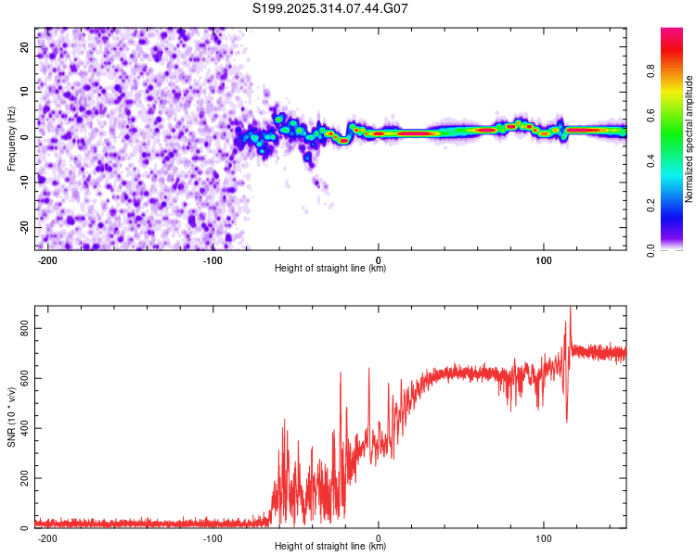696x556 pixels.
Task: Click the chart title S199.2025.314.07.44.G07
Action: [x=330, y=8]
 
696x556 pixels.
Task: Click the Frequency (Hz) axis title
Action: [x=11, y=138]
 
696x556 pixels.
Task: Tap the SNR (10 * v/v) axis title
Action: [x=11, y=416]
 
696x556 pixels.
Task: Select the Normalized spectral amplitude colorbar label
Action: [x=690, y=139]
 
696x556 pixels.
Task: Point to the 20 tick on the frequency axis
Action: [x=25, y=48]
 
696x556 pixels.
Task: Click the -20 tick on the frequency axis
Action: [x=22, y=227]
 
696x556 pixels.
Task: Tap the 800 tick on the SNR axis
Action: [x=20, y=329]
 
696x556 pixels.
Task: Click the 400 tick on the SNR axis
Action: [x=20, y=429]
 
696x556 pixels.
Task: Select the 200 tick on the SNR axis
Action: [x=20, y=479]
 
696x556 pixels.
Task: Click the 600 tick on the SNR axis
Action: [x=20, y=379]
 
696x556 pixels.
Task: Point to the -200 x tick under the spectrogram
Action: [x=47, y=259]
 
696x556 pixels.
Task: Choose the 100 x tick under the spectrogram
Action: [x=544, y=259]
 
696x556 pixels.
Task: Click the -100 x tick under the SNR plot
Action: [x=213, y=537]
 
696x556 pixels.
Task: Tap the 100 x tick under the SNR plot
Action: [x=544, y=537]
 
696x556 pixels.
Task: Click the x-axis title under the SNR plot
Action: [x=330, y=547]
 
